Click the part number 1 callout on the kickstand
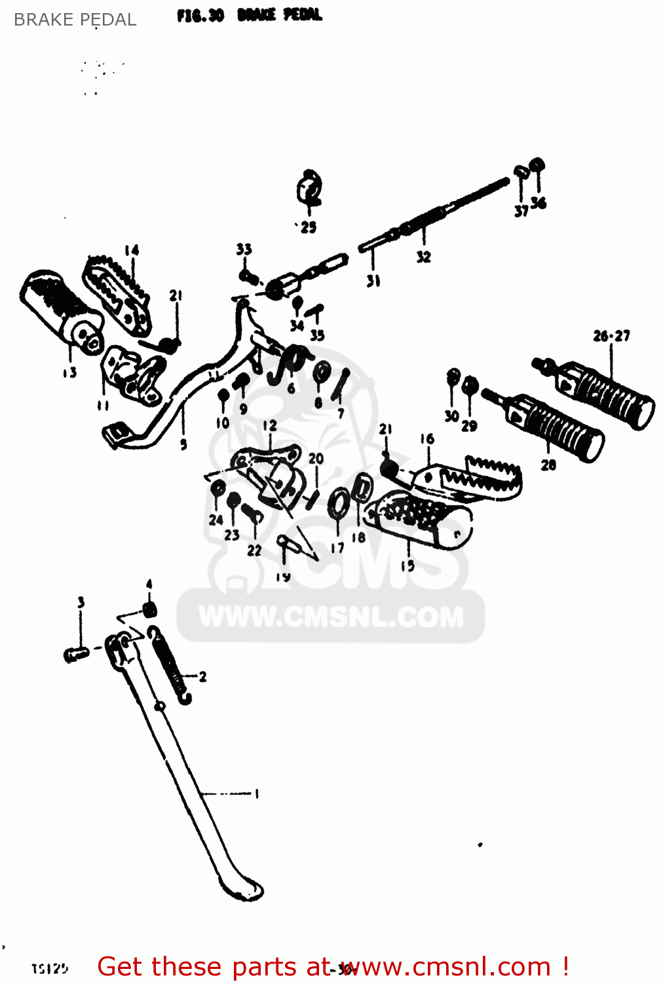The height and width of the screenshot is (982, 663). pyautogui.click(x=256, y=793)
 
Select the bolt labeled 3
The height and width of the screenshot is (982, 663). pyautogui.click(x=76, y=653)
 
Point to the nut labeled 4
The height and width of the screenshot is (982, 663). pyautogui.click(x=149, y=610)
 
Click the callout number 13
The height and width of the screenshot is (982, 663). pyautogui.click(x=69, y=373)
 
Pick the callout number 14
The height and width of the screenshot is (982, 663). pyautogui.click(x=132, y=250)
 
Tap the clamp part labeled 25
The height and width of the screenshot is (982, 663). pyautogui.click(x=309, y=189)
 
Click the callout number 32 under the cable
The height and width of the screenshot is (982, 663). pyautogui.click(x=423, y=257)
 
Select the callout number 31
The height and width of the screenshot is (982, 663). pyautogui.click(x=373, y=281)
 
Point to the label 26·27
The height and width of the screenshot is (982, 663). pyautogui.click(x=611, y=336)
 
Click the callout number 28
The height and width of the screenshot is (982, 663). pyautogui.click(x=548, y=465)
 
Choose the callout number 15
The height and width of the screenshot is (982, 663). pyautogui.click(x=407, y=565)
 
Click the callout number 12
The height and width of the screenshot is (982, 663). pyautogui.click(x=270, y=426)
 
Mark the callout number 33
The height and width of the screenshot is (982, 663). pyautogui.click(x=244, y=249)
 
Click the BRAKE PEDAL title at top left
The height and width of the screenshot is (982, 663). pyautogui.click(x=75, y=20)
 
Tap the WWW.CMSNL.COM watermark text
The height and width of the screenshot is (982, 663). pyautogui.click(x=331, y=617)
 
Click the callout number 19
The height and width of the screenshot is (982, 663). pyautogui.click(x=282, y=577)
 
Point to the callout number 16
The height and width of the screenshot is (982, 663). pyautogui.click(x=427, y=439)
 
